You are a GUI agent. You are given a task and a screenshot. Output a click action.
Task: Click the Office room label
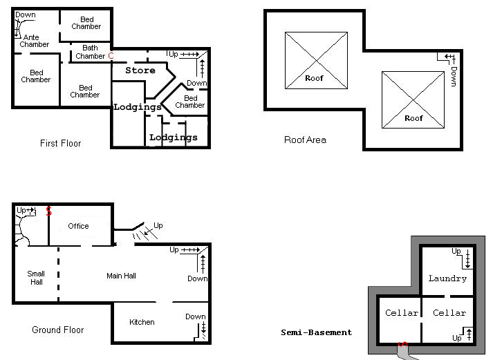[x=78, y=226]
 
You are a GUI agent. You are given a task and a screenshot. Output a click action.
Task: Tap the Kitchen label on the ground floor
[x=142, y=322]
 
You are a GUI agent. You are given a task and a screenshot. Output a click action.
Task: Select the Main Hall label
[x=121, y=276]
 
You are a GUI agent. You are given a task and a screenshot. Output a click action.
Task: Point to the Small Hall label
[x=36, y=278]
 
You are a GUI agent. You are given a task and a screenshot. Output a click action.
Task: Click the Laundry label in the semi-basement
[x=447, y=278]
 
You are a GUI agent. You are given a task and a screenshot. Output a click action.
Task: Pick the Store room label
[x=140, y=70]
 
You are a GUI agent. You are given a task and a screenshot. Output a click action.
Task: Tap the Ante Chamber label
[x=35, y=41]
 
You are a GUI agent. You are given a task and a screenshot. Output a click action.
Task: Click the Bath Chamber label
[x=91, y=52]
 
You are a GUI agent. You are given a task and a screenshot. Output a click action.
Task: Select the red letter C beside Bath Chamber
[x=111, y=55]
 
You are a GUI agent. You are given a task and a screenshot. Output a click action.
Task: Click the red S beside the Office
[x=48, y=211]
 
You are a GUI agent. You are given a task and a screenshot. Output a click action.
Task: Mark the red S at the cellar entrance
[x=402, y=344]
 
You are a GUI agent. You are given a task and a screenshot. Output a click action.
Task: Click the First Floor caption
[x=60, y=143]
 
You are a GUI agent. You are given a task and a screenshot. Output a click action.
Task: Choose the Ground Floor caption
[x=58, y=330]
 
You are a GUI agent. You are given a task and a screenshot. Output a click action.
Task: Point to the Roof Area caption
[x=305, y=140]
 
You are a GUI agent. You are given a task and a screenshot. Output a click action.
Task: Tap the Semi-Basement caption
[x=316, y=332]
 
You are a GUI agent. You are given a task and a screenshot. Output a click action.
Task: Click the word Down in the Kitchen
[x=195, y=316]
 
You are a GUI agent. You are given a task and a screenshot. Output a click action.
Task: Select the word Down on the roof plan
[x=454, y=76]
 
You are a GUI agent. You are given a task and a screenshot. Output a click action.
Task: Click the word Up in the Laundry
[x=456, y=252]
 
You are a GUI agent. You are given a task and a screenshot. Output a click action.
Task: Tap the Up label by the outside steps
[x=158, y=225]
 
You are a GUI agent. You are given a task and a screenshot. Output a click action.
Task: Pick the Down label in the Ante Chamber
[x=26, y=15]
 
